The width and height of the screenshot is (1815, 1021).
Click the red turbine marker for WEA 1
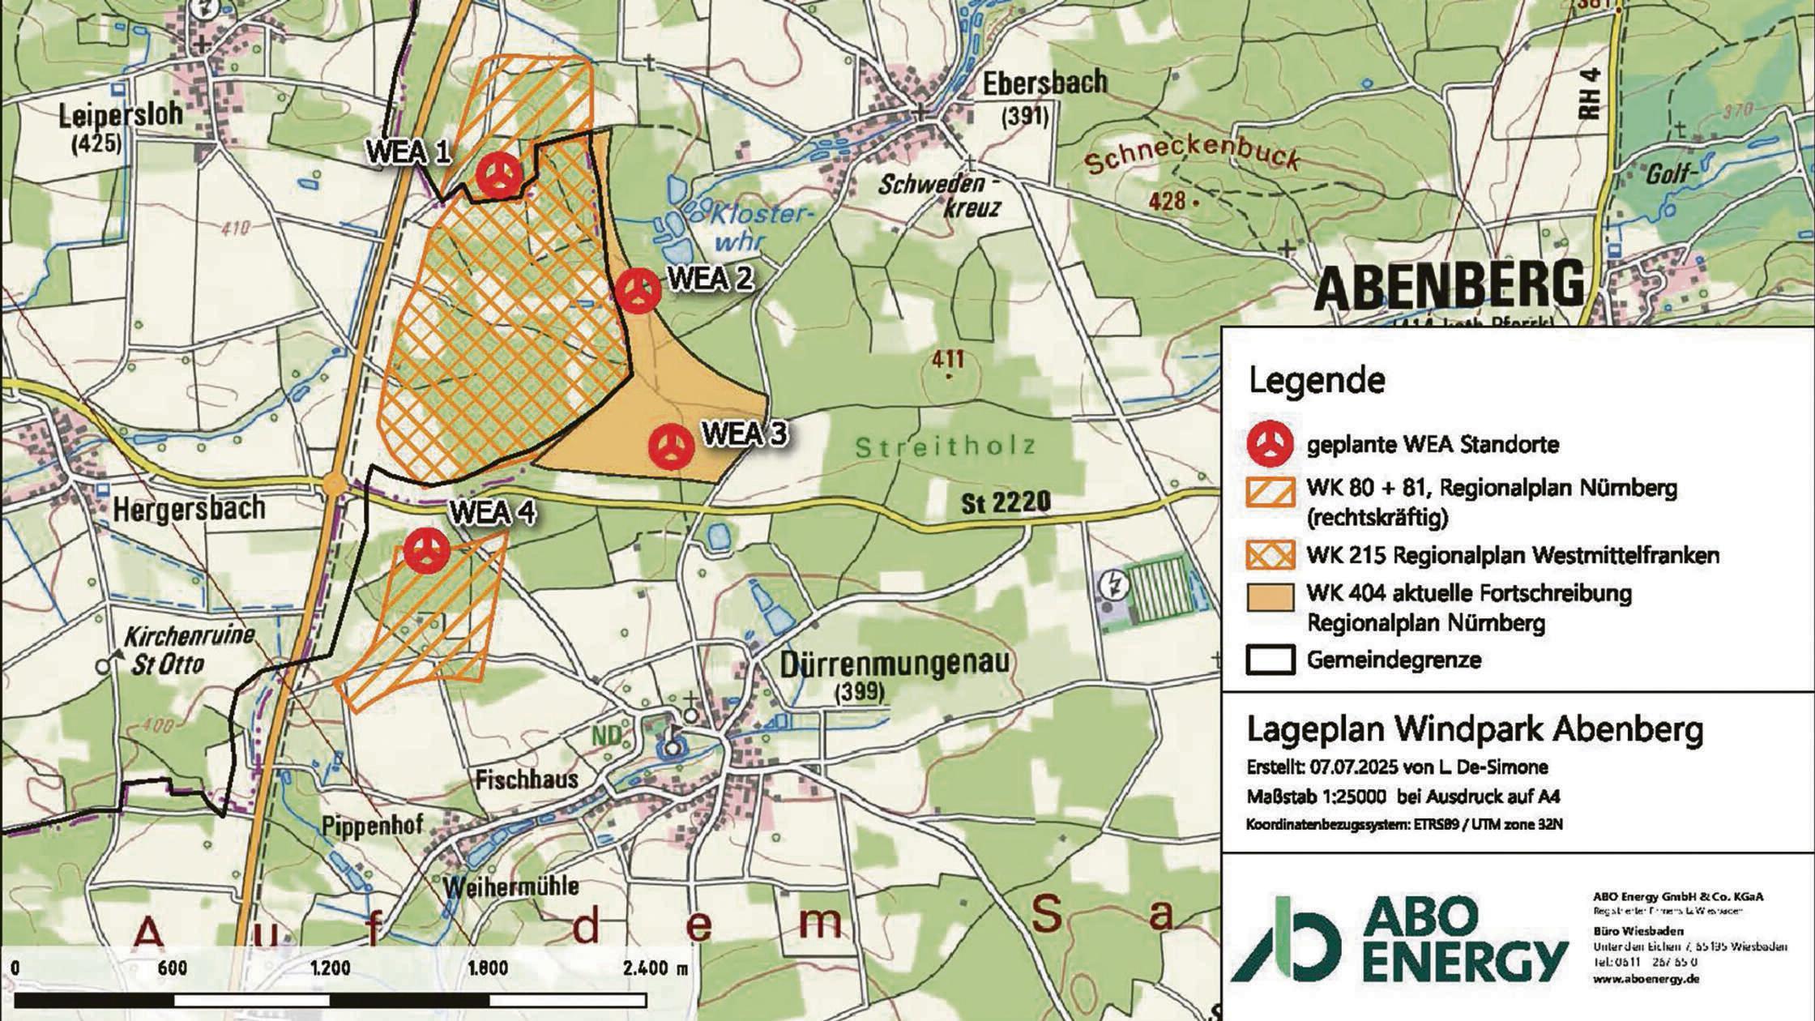(498, 174)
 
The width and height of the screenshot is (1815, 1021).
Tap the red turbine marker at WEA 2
(638, 290)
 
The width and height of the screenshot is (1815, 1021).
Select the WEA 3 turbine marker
(672, 446)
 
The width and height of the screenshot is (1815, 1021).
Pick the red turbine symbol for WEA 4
(427, 551)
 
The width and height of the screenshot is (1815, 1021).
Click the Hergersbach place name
(189, 509)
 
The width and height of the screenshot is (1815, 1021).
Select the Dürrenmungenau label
(895, 664)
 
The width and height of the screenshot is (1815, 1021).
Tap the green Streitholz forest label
(945, 446)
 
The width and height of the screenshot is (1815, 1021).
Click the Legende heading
(1317, 380)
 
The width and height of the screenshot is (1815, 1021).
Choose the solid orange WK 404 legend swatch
(1270, 597)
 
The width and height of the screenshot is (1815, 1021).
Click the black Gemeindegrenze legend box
(1270, 660)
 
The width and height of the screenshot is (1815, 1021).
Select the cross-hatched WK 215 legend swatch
(1270, 556)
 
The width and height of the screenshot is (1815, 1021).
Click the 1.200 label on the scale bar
(330, 968)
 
